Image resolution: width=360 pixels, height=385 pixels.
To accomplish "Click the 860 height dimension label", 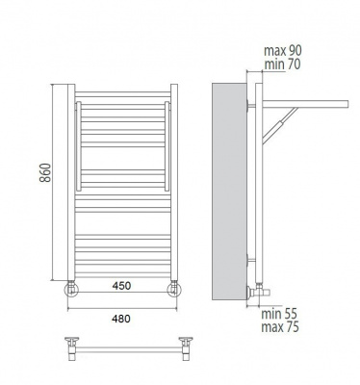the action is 45,172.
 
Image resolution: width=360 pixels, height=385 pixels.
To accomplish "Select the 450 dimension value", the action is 121,286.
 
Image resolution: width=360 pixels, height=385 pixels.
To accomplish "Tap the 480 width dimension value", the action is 121,319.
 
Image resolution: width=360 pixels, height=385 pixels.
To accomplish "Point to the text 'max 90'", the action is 283,50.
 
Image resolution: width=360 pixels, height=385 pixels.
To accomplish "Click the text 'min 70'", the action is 282,64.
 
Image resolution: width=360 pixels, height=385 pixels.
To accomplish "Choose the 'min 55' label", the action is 279,314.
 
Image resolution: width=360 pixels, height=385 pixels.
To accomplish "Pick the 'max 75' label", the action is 280,327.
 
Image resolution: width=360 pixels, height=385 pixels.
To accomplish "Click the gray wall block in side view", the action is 229,192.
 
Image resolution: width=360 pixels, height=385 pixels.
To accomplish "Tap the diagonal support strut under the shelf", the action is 280,125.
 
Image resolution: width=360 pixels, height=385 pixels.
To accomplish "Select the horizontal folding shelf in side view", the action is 305,104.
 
